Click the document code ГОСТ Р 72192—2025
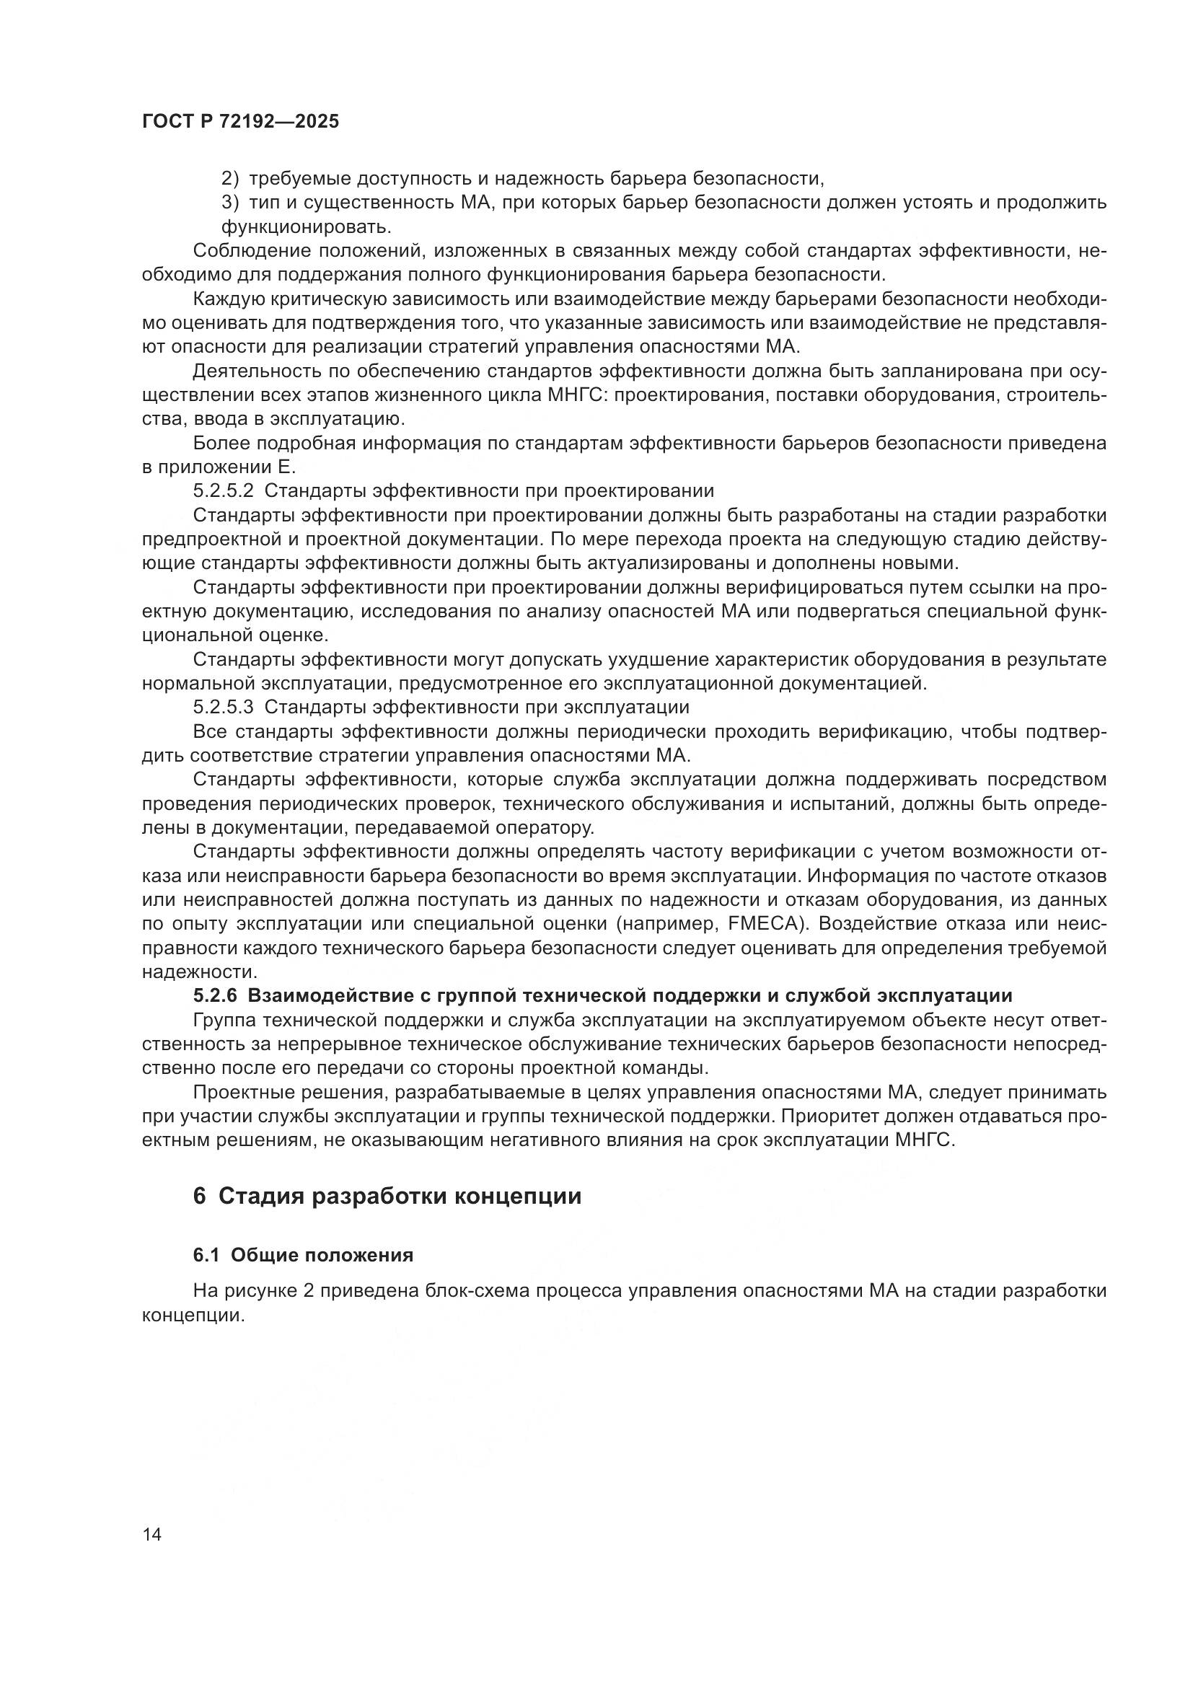(x=240, y=122)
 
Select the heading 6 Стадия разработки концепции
(x=387, y=1196)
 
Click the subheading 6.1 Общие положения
(x=304, y=1255)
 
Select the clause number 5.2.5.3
(x=224, y=707)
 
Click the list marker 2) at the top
(x=231, y=179)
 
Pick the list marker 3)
(x=231, y=203)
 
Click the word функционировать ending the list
(x=307, y=227)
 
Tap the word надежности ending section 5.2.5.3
(x=198, y=972)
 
